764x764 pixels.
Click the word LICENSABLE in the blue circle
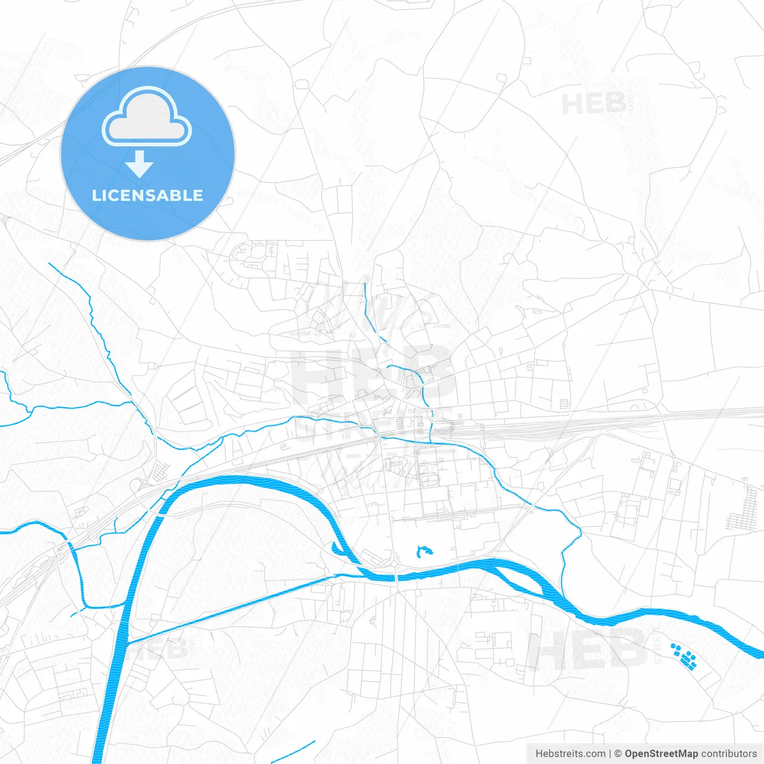click(x=147, y=195)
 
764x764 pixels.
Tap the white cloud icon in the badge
click(x=147, y=117)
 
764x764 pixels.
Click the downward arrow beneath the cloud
click(x=140, y=164)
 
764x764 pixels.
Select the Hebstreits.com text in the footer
click(x=570, y=754)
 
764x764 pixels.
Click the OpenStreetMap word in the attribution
click(x=661, y=754)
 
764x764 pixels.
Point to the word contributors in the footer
click(x=729, y=754)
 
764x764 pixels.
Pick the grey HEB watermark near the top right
click(x=593, y=104)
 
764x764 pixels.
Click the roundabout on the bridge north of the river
click(x=395, y=563)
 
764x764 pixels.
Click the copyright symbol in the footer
click(x=618, y=754)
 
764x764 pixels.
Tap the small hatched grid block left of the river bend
click(x=161, y=473)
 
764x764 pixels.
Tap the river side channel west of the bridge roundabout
click(x=343, y=552)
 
